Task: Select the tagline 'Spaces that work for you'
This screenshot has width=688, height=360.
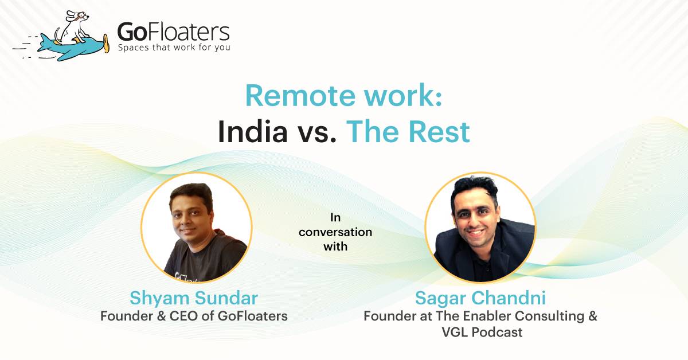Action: click(174, 48)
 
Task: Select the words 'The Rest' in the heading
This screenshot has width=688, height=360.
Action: click(408, 132)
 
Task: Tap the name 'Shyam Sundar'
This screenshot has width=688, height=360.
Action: click(194, 298)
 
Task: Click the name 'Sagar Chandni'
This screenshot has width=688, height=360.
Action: click(480, 298)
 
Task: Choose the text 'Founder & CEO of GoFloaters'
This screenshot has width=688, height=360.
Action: click(194, 316)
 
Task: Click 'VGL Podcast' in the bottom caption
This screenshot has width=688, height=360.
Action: click(480, 332)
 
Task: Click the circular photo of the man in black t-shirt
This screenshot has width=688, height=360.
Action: click(196, 228)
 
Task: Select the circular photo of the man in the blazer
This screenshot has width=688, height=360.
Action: click(480, 228)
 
